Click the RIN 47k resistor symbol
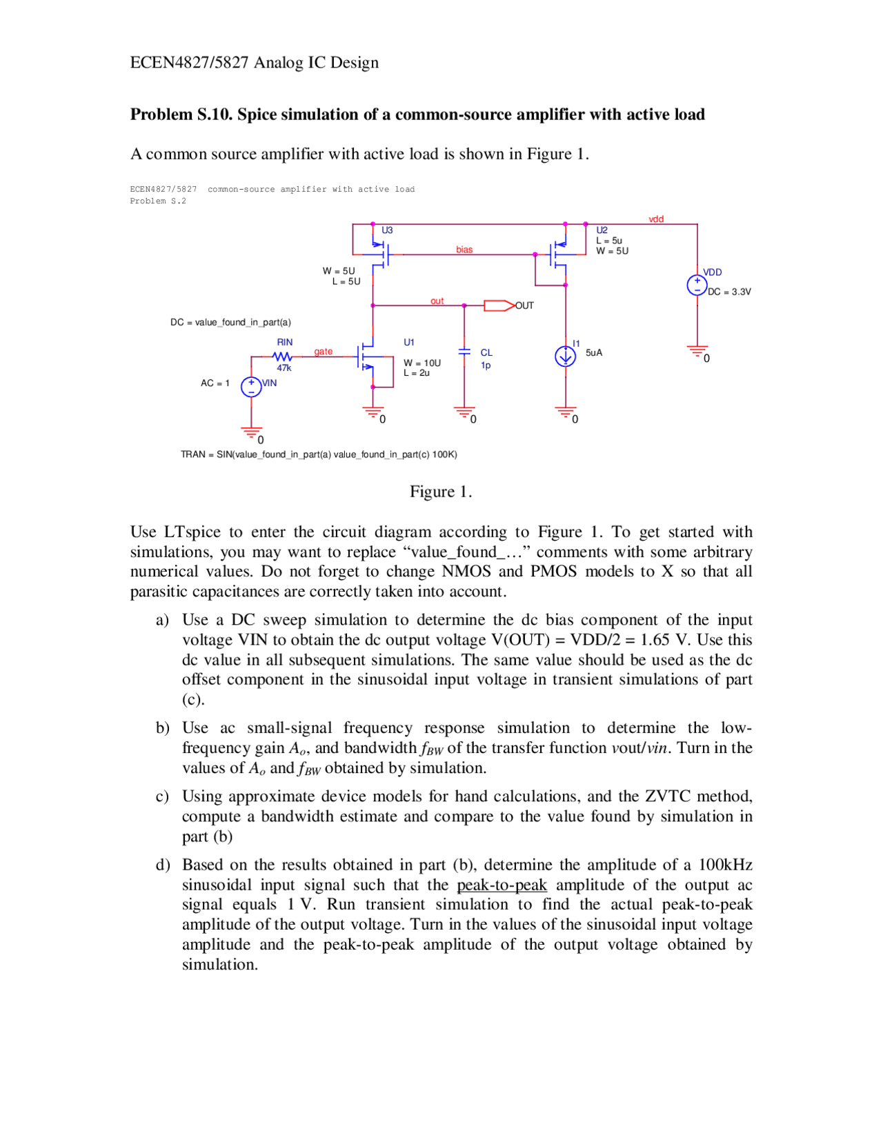[x=282, y=357]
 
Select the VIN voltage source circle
[x=251, y=387]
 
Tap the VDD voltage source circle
[x=697, y=285]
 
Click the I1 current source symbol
[x=565, y=357]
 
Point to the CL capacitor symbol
[x=464, y=352]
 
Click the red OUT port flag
[x=499, y=305]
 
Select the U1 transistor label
[x=409, y=342]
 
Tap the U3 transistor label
[x=387, y=230]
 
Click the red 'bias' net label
[x=464, y=250]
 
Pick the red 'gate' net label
[x=323, y=352]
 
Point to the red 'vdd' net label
[x=656, y=219]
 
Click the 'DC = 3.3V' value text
[x=729, y=292]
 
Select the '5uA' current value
[x=594, y=352]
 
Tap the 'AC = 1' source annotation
[x=215, y=383]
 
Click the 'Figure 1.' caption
[x=441, y=492]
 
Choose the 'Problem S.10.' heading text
[x=181, y=114]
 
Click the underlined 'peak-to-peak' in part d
[x=502, y=885]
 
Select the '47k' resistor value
[x=284, y=368]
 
